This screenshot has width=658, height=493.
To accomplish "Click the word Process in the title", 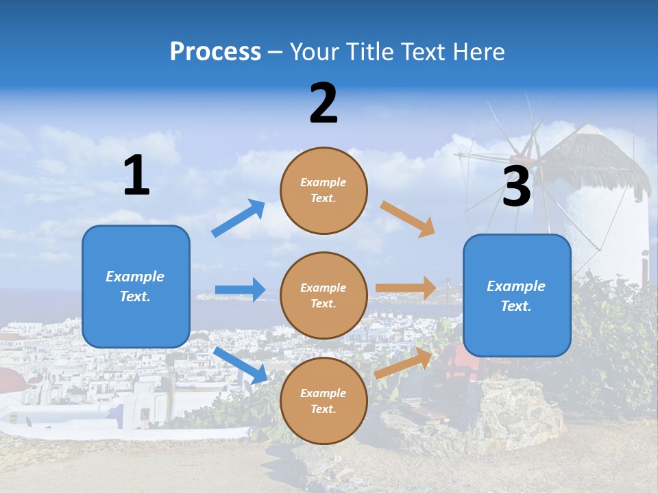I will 215,51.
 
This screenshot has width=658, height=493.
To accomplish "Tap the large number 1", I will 136,175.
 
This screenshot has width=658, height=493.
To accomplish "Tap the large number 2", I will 324,103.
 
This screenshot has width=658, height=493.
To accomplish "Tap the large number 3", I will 516,186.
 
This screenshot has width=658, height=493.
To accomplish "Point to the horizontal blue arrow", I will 241,290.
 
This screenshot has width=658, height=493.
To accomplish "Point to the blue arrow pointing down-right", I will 241,365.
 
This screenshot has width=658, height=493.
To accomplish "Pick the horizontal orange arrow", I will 406,288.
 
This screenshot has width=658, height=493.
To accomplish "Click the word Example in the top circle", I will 324,182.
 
